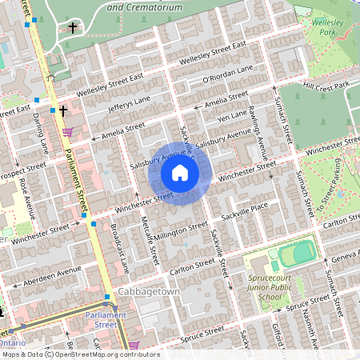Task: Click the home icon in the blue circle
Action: (180, 173)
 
